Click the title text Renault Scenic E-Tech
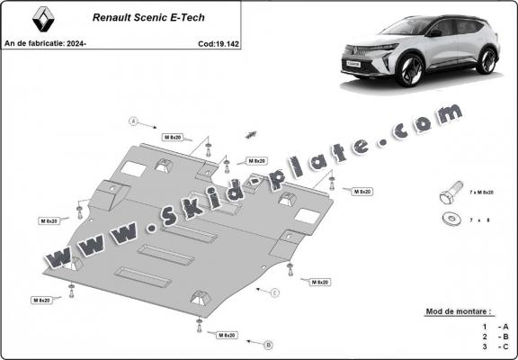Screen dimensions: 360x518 coord(136,16)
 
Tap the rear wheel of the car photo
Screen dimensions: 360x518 coord(487,60)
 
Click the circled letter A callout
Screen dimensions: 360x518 coord(133,120)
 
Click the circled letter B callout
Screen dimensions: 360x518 coord(269,344)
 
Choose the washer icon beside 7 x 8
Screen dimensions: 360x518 coord(449,219)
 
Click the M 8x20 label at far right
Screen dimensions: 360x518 coord(362,192)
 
